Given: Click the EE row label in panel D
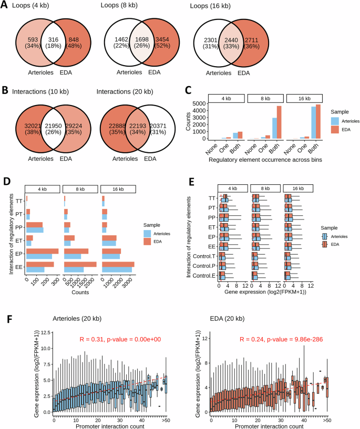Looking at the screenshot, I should [x=18, y=269].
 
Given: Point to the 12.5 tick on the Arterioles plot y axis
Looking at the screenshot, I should [x=46, y=333].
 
